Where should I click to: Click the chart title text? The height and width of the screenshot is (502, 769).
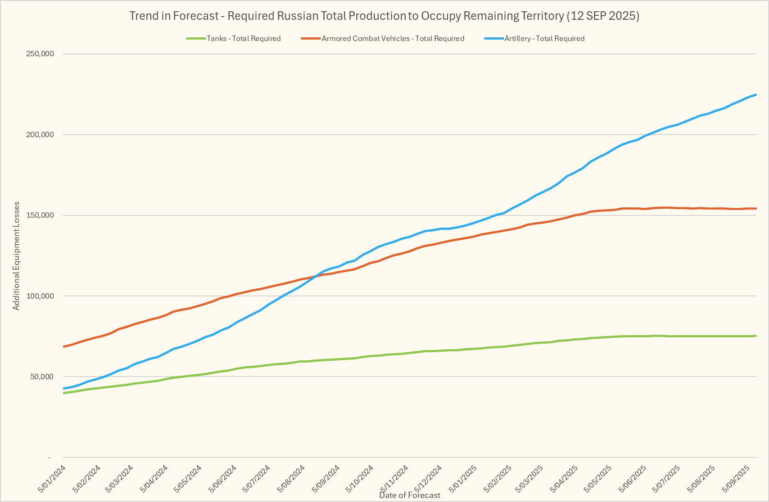(x=384, y=16)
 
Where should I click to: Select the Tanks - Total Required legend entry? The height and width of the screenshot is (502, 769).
(x=243, y=39)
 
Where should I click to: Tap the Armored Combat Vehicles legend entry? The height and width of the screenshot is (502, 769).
(x=393, y=39)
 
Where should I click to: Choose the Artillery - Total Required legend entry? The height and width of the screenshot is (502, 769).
(x=544, y=39)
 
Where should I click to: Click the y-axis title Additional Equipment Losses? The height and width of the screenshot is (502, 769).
(x=16, y=255)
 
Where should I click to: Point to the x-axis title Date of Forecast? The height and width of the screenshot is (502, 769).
(x=410, y=495)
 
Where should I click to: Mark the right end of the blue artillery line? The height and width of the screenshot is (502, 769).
(x=755, y=95)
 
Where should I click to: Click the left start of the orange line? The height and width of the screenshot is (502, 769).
(x=64, y=346)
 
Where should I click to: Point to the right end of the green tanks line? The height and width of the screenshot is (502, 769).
(x=755, y=336)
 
